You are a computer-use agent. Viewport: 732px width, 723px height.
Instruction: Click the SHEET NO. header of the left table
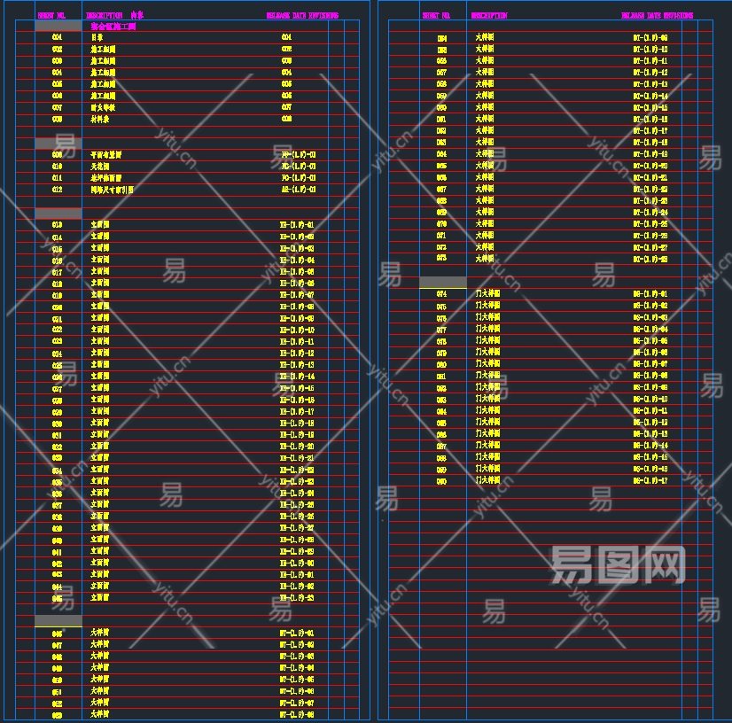click(x=51, y=16)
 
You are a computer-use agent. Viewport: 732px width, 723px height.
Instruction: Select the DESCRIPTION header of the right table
click(x=489, y=16)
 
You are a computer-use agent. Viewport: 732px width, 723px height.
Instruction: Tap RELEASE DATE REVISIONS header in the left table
click(x=301, y=16)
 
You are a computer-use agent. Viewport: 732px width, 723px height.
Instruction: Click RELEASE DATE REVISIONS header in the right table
click(x=657, y=16)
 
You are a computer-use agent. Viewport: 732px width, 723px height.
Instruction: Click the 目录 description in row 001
click(x=97, y=37)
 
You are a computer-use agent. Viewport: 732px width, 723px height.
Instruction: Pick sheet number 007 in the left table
click(x=57, y=107)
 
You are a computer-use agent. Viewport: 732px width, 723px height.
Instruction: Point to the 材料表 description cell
click(x=99, y=119)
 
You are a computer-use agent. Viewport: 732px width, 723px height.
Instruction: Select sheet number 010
click(x=57, y=166)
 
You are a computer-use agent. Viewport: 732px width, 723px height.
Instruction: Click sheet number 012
click(x=57, y=189)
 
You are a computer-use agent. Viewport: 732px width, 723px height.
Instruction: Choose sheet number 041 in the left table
click(x=57, y=551)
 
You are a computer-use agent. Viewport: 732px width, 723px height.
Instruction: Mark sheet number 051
click(x=57, y=691)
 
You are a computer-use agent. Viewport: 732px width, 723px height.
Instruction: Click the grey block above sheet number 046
click(x=58, y=620)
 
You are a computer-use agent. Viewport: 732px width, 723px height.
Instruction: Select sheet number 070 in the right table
click(x=441, y=224)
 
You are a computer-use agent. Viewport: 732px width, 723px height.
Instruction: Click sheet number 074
click(x=441, y=293)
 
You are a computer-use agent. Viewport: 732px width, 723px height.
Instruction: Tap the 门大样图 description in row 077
click(x=487, y=329)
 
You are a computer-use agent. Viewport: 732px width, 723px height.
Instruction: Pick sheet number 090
click(x=441, y=480)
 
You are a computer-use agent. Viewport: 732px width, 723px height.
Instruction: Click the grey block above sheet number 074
click(x=442, y=282)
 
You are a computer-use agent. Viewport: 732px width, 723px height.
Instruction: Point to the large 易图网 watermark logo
click(x=618, y=564)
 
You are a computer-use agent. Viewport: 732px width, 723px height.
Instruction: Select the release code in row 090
click(x=650, y=480)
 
